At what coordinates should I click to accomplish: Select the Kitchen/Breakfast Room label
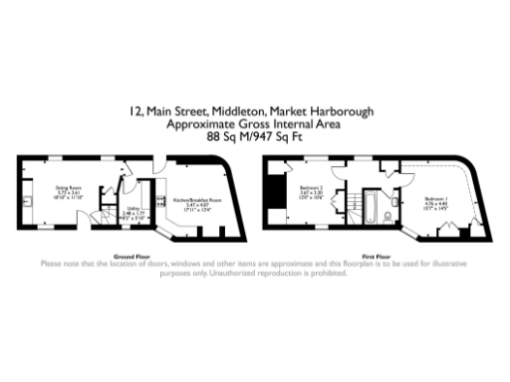[196, 200]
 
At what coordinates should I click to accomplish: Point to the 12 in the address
[134, 112]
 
